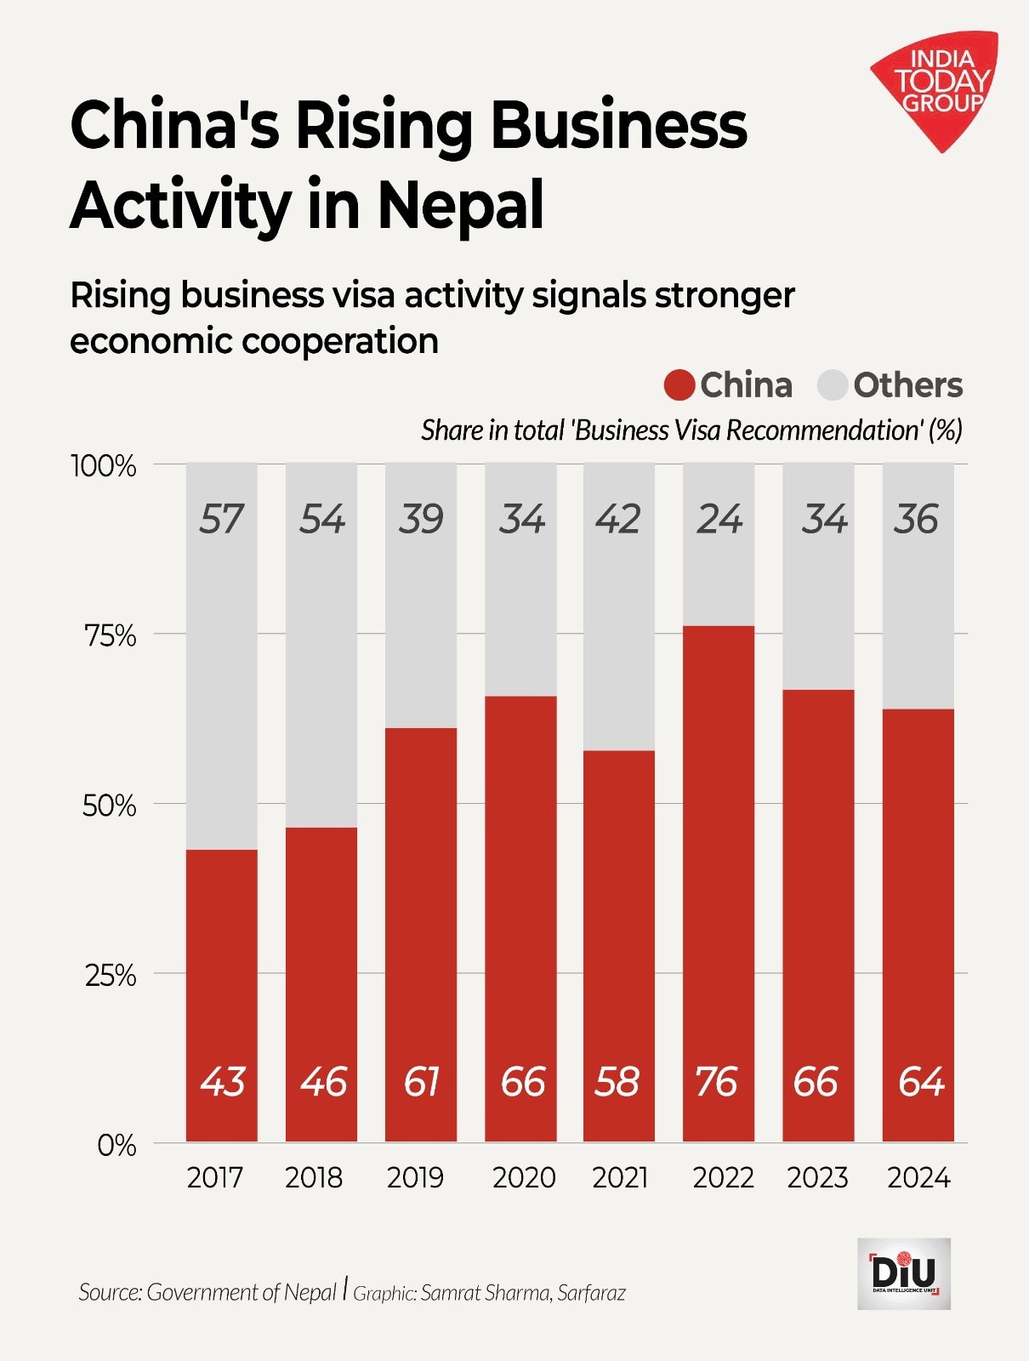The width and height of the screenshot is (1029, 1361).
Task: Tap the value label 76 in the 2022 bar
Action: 717,1082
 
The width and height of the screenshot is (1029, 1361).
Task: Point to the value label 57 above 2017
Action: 221,519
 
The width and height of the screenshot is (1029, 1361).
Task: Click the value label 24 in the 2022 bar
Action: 719,519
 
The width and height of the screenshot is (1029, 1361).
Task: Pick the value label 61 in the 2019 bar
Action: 421,1082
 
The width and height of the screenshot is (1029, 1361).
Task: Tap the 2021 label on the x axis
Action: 620,1177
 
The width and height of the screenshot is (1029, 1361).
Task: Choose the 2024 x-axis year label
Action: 918,1177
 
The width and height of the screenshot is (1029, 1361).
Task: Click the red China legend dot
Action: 679,385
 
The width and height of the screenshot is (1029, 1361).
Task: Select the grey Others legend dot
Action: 833,385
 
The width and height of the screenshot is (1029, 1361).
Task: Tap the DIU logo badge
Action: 904,1273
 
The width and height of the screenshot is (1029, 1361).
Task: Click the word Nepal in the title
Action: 460,206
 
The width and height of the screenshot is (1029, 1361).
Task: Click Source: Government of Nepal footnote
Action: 208,1293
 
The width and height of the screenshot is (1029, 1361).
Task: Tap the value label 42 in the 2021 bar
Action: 618,519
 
